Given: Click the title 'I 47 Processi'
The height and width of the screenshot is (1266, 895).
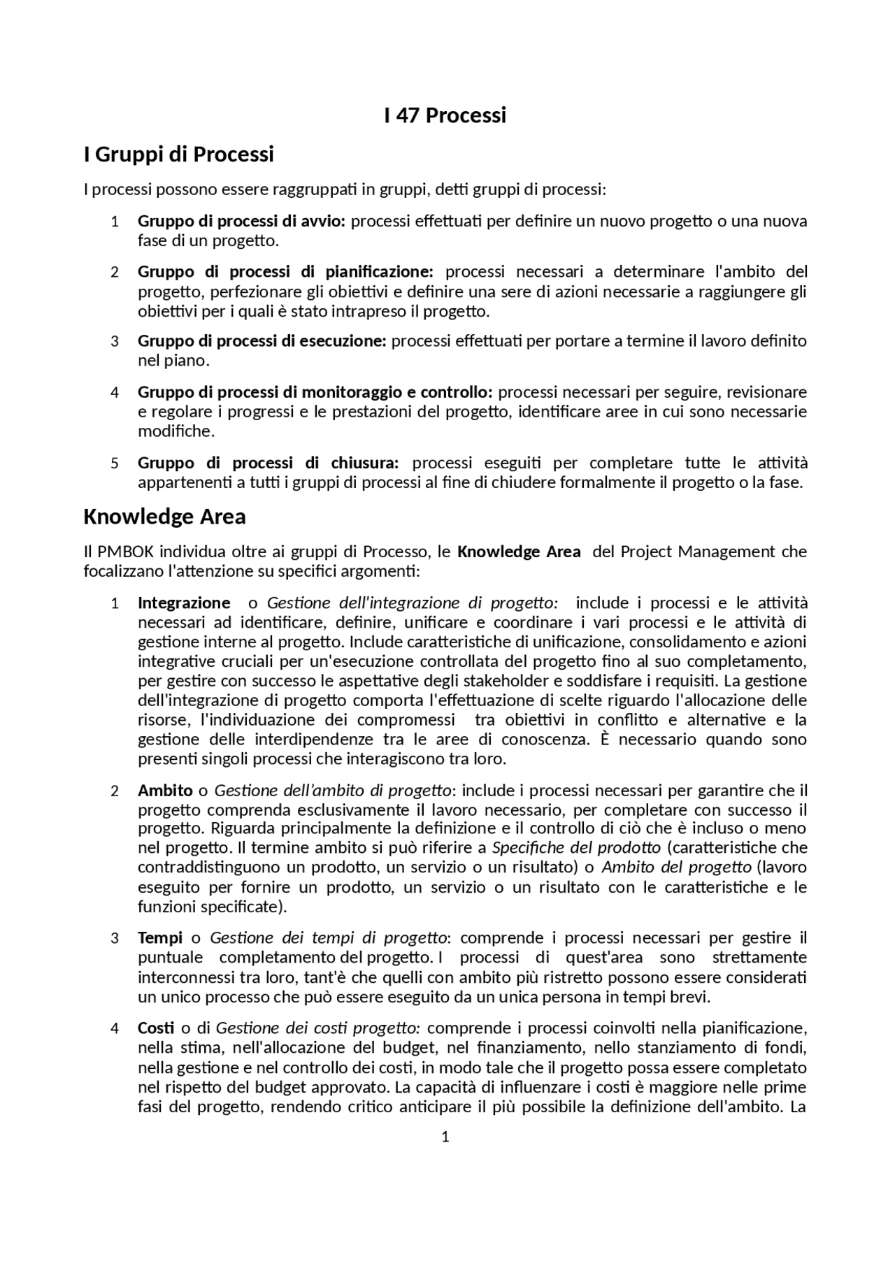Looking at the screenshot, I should click(445, 115).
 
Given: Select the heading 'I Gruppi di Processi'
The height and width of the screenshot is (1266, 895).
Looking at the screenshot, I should click(178, 154).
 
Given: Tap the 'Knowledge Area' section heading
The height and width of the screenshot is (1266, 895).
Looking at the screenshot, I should click(164, 517).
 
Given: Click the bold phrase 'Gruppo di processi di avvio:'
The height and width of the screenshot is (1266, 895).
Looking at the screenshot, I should click(241, 222).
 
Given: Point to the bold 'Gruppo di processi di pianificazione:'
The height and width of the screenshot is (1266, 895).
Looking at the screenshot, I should click(285, 271).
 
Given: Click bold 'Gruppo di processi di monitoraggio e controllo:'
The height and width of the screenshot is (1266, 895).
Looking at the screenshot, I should click(315, 391).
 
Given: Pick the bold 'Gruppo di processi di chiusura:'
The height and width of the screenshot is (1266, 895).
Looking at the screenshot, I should click(268, 463).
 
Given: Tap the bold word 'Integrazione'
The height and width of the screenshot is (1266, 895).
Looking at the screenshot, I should click(184, 603).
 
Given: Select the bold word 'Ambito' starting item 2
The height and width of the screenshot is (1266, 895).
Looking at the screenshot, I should click(165, 791).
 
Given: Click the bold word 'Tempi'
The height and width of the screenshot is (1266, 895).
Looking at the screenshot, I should click(160, 937).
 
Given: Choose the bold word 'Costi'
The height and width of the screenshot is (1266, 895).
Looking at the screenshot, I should click(156, 1028).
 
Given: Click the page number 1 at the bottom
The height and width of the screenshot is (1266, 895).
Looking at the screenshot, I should click(445, 1137).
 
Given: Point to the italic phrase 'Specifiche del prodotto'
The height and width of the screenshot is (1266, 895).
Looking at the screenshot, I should click(576, 848).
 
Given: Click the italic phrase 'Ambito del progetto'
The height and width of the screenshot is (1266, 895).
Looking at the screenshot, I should click(676, 868).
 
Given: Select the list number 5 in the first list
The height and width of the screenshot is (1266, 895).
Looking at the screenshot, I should click(115, 463).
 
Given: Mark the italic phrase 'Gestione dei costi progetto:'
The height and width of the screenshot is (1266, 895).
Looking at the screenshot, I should click(317, 1028).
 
